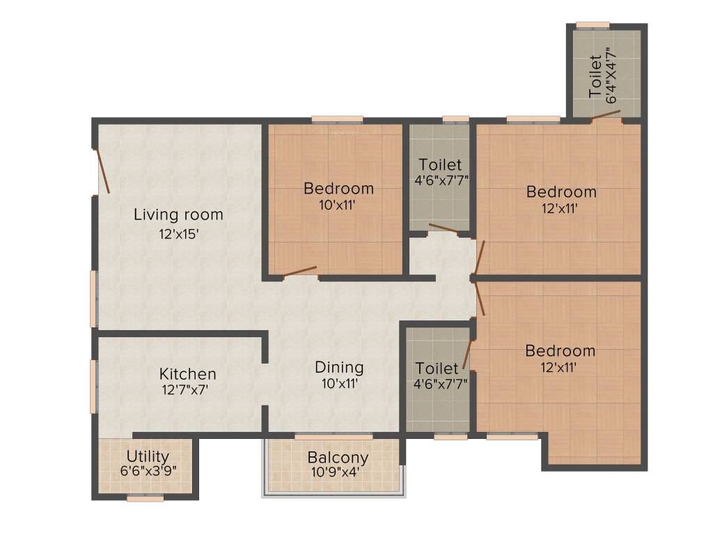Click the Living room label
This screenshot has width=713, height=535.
click(178, 215)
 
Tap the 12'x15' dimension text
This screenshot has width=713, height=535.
click(180, 235)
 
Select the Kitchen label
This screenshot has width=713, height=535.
click(187, 374)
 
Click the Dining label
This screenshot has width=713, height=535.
click(339, 367)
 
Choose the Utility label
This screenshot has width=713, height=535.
click(148, 456)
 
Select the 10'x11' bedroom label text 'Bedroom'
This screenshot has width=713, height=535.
click(339, 188)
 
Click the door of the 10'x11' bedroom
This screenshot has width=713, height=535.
click(299, 272)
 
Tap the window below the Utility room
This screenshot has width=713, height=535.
click(146, 498)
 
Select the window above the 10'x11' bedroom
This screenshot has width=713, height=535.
click(337, 119)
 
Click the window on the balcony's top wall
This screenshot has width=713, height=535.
click(334, 437)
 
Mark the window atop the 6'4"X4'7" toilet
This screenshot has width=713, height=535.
click(593, 26)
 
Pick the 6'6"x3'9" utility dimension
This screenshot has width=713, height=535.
click(148, 471)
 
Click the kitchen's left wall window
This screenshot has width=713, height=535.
click(93, 387)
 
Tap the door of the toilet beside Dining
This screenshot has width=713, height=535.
click(468, 354)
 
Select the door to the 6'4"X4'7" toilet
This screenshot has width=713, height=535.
click(606, 115)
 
